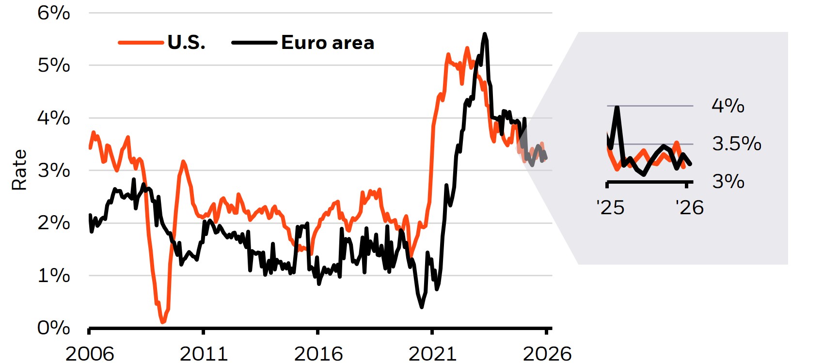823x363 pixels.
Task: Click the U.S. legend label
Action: pyautogui.click(x=187, y=43)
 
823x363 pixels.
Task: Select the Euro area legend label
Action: pyautogui.click(x=328, y=43)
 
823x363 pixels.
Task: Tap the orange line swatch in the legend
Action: pyautogui.click(x=141, y=43)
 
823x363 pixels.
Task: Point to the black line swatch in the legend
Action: pyautogui.click(x=254, y=43)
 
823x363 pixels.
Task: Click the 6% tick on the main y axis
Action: pyautogui.click(x=54, y=13)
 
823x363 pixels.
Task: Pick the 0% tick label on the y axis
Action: pyautogui.click(x=54, y=328)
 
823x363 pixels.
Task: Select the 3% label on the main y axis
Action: pyautogui.click(x=54, y=171)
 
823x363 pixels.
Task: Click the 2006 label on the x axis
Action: pyautogui.click(x=90, y=354)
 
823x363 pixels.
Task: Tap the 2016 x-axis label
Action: pyautogui.click(x=318, y=354)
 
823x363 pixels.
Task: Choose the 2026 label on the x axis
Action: pyautogui.click(x=547, y=354)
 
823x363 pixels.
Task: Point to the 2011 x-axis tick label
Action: pyautogui.click(x=204, y=354)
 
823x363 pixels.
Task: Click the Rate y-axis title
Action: pyautogui.click(x=19, y=170)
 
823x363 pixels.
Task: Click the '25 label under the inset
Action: pyautogui.click(x=610, y=208)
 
